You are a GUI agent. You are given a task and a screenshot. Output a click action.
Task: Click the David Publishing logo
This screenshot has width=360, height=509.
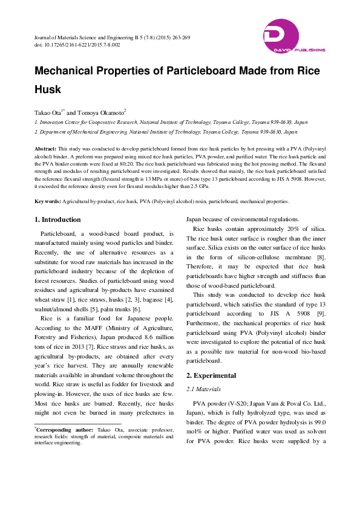[294, 37]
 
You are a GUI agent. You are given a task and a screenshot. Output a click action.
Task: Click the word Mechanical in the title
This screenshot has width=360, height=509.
[71, 70]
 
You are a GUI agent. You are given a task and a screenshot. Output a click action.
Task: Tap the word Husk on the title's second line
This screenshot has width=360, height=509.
[48, 89]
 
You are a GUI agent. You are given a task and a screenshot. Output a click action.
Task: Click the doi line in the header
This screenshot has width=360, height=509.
[77, 45]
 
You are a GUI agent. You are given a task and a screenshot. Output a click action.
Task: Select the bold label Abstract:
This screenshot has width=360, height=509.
[45, 148]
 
